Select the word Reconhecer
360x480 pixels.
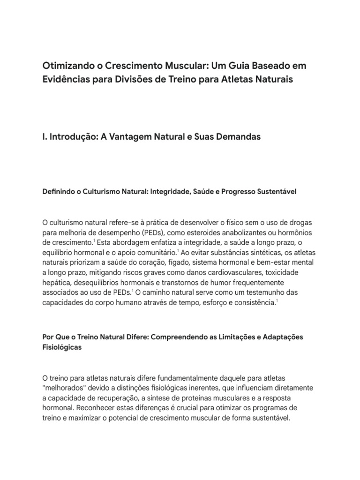97,407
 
